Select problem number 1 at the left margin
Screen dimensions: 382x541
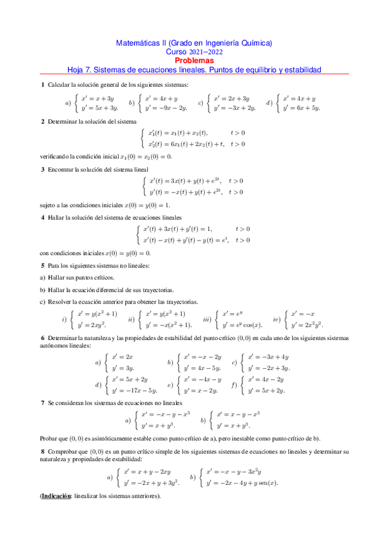pos(43,85)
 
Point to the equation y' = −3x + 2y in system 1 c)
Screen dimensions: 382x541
pos(235,108)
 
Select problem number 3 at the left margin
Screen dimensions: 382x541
pos(43,169)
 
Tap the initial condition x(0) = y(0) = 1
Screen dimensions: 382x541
pos(143,205)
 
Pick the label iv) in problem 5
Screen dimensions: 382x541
pos(277,318)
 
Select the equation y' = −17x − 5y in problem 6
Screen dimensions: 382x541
pos(134,390)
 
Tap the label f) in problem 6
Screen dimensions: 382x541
pos(235,385)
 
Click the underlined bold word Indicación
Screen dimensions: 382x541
pos(57,496)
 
